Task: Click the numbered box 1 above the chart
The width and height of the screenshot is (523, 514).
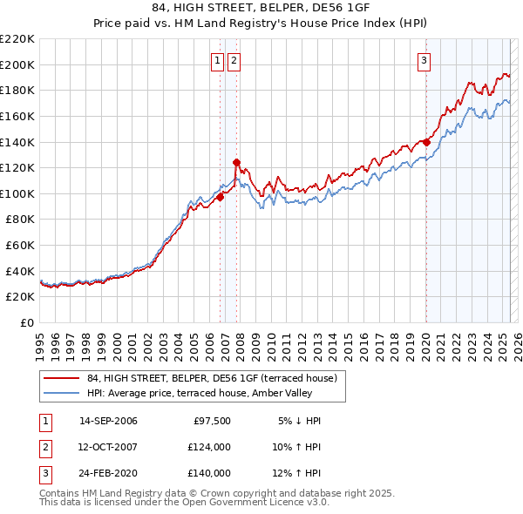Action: coord(216,60)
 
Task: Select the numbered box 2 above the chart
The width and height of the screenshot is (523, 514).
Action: coord(235,60)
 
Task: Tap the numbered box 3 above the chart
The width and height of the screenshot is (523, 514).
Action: coord(424,60)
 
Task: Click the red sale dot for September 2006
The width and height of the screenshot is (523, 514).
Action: coord(220,197)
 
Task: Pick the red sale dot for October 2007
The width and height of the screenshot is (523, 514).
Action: coord(236,162)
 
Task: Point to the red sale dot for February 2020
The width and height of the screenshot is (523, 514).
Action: coord(426,142)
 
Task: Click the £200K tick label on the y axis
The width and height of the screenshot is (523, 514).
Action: coord(17,64)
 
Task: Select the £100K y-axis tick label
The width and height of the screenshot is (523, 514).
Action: coord(17,193)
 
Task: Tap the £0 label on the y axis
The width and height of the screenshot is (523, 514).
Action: coord(27,322)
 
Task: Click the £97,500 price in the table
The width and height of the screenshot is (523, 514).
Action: coord(212,421)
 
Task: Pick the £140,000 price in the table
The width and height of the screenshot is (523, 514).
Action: coord(209,473)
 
